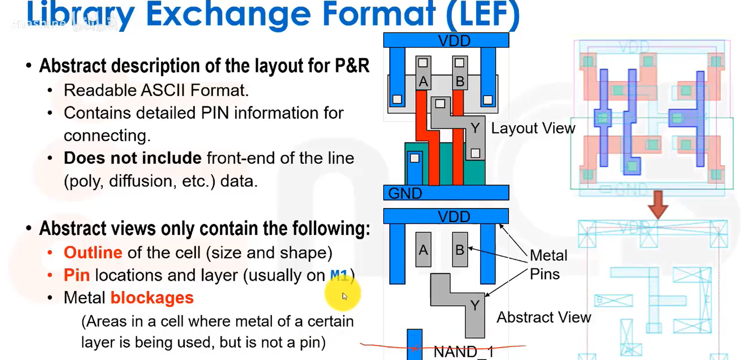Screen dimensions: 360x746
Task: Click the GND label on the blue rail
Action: pyautogui.click(x=405, y=193)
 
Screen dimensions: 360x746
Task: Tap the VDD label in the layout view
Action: pyautogui.click(x=454, y=40)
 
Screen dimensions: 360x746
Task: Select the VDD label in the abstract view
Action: pyautogui.click(x=454, y=216)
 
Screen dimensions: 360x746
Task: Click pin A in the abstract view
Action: pyautogui.click(x=423, y=249)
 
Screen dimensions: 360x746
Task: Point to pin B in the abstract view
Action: pyautogui.click(x=460, y=249)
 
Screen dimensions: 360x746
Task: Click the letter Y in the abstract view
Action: pyautogui.click(x=475, y=306)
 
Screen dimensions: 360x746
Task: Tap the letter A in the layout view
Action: pyautogui.click(x=423, y=81)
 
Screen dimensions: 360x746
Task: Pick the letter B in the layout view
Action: pyautogui.click(x=460, y=81)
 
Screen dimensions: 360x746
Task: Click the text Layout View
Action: pyautogui.click(x=533, y=128)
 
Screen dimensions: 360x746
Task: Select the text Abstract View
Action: pyautogui.click(x=544, y=317)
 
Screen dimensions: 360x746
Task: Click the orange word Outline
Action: pyautogui.click(x=93, y=253)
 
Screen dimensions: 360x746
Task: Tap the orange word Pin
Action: pyautogui.click(x=77, y=275)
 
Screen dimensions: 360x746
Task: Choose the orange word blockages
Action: pyautogui.click(x=152, y=298)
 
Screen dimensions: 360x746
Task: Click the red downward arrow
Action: pyautogui.click(x=658, y=204)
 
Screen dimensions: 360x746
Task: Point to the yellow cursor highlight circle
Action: pyautogui.click(x=343, y=294)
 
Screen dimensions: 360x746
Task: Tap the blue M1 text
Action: pyautogui.click(x=339, y=276)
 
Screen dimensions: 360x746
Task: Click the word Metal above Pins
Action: pyautogui.click(x=548, y=255)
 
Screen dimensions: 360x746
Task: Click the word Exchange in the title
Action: pyautogui.click(x=228, y=15)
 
